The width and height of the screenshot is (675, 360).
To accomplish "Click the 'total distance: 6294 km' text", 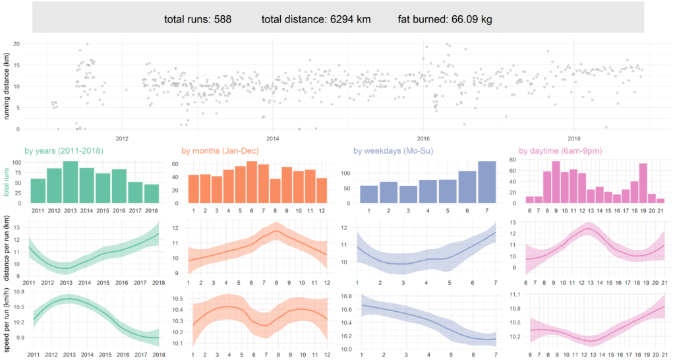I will tap(316, 19).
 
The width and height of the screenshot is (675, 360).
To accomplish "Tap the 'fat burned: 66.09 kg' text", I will tap(445, 19).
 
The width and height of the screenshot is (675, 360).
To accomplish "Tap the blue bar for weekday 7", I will tap(487, 183).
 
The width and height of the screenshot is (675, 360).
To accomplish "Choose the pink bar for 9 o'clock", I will tap(556, 183).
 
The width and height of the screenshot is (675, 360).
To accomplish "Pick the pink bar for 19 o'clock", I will tap(643, 184).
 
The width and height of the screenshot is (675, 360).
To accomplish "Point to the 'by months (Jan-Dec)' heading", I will tap(226, 151).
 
